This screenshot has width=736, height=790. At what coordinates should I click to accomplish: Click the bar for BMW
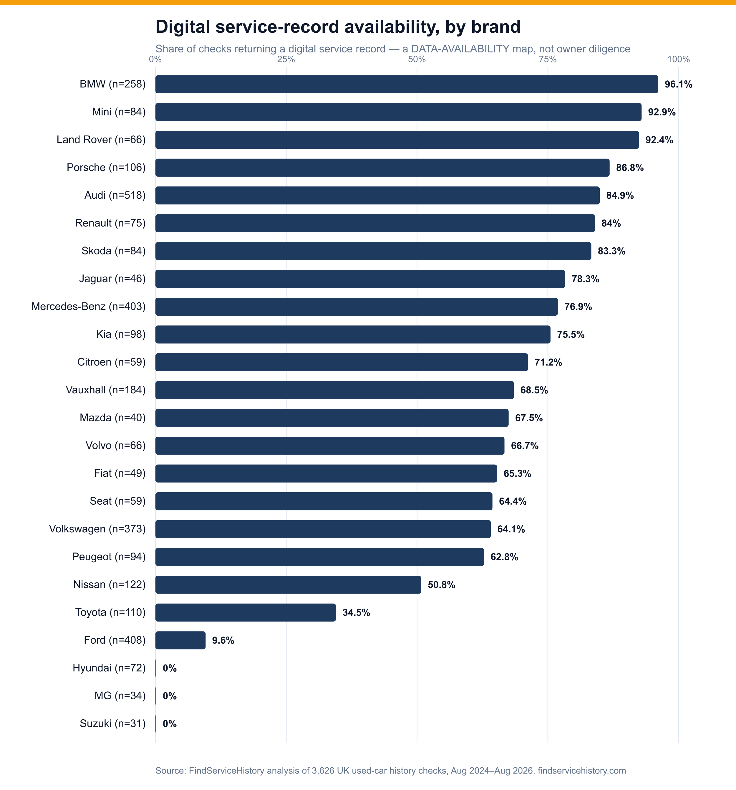[x=407, y=84]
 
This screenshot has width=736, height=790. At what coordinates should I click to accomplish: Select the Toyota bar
[x=246, y=612]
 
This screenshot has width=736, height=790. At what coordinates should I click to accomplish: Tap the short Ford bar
[x=180, y=640]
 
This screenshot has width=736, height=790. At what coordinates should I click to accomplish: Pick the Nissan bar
[x=288, y=584]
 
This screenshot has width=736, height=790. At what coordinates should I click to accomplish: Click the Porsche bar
[x=382, y=168]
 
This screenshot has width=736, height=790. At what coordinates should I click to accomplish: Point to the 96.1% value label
[x=678, y=84]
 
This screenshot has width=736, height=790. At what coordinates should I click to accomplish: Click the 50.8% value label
[x=442, y=584]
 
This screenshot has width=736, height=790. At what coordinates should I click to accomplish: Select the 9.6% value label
[x=223, y=640]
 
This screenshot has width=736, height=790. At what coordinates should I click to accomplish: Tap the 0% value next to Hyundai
[x=170, y=668]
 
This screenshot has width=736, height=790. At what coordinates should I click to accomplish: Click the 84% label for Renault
[x=611, y=223]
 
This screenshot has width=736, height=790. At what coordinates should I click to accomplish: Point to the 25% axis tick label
[x=286, y=59]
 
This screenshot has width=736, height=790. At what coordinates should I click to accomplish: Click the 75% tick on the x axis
[x=548, y=59]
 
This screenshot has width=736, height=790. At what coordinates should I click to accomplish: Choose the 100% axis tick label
[x=678, y=59]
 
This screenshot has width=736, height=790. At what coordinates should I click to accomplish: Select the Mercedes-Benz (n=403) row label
[x=89, y=307]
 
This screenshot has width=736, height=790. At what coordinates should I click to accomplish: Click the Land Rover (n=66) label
[x=101, y=140]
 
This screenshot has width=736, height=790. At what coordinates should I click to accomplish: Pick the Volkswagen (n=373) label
[x=97, y=529]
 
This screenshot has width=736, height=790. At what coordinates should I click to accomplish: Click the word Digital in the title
[x=183, y=27]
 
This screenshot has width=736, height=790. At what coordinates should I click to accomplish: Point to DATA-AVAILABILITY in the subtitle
[x=460, y=49]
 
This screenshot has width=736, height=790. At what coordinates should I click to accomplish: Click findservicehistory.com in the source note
[x=582, y=771]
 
